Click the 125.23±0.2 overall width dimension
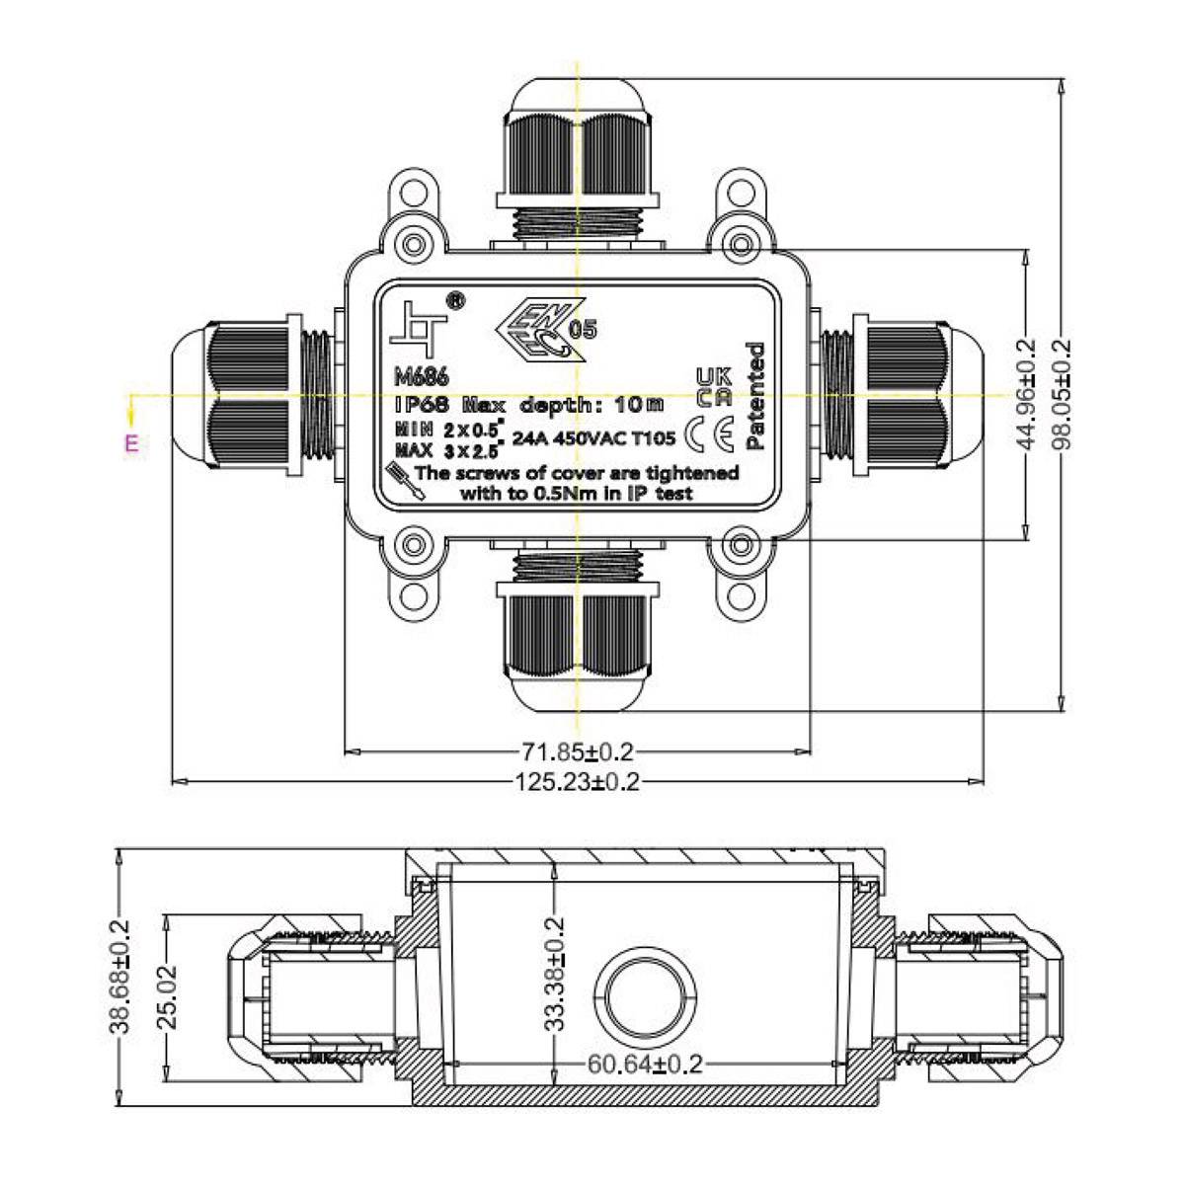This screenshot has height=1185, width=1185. click(x=578, y=782)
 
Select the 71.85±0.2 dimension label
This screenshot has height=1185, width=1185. click(x=578, y=752)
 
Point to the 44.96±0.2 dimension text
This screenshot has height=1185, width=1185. click(x=1027, y=395)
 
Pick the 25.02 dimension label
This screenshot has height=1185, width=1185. click(x=168, y=997)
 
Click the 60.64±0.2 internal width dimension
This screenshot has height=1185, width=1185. click(x=645, y=1064)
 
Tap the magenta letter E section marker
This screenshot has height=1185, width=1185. click(x=130, y=442)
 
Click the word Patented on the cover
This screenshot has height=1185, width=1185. click(x=755, y=395)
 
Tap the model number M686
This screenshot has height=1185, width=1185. click(x=422, y=377)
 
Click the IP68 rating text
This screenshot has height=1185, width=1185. click(x=422, y=405)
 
